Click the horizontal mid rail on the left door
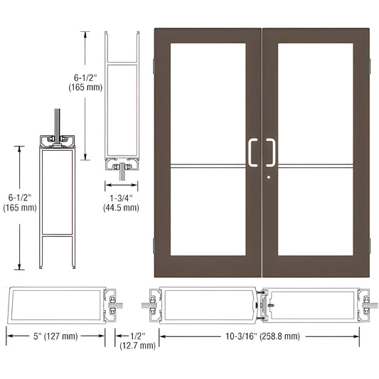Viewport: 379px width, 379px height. pyautogui.click(x=208, y=168)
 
